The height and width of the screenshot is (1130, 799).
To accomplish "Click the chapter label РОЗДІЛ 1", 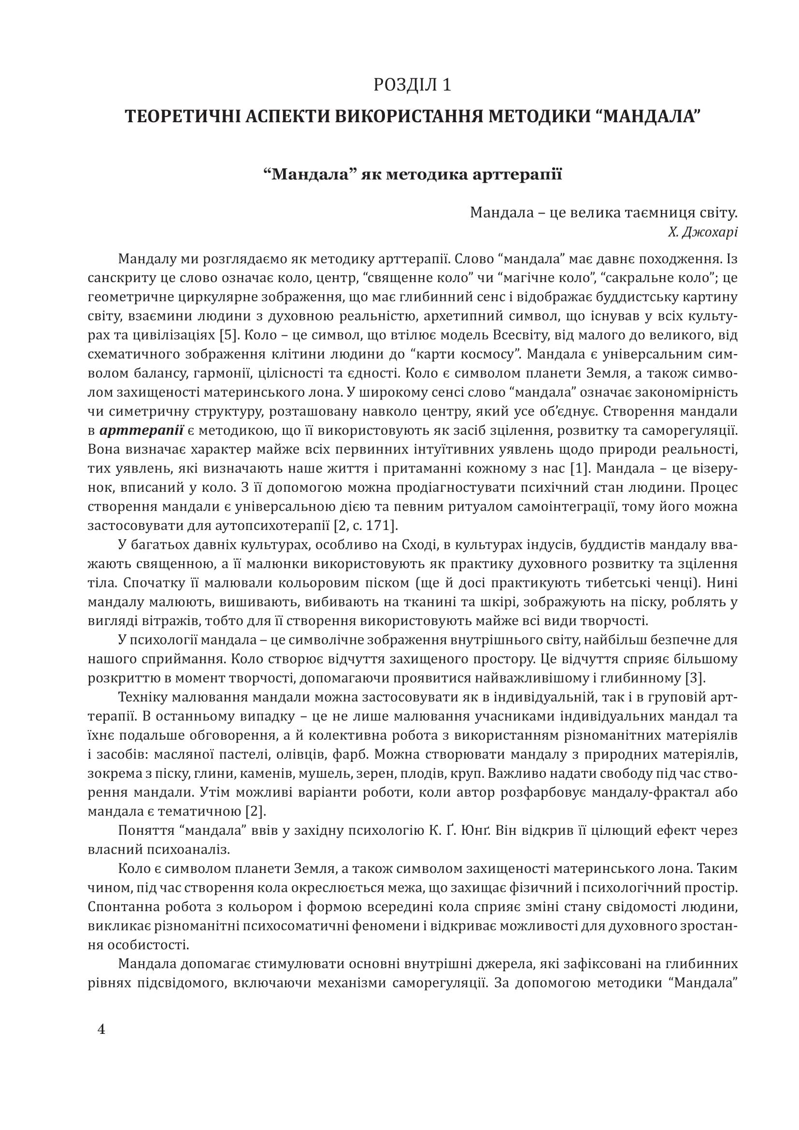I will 412,85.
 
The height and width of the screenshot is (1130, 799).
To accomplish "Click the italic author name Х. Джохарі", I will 702,232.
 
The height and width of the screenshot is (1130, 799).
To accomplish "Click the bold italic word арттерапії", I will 142,430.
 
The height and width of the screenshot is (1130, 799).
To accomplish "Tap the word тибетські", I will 622,583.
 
